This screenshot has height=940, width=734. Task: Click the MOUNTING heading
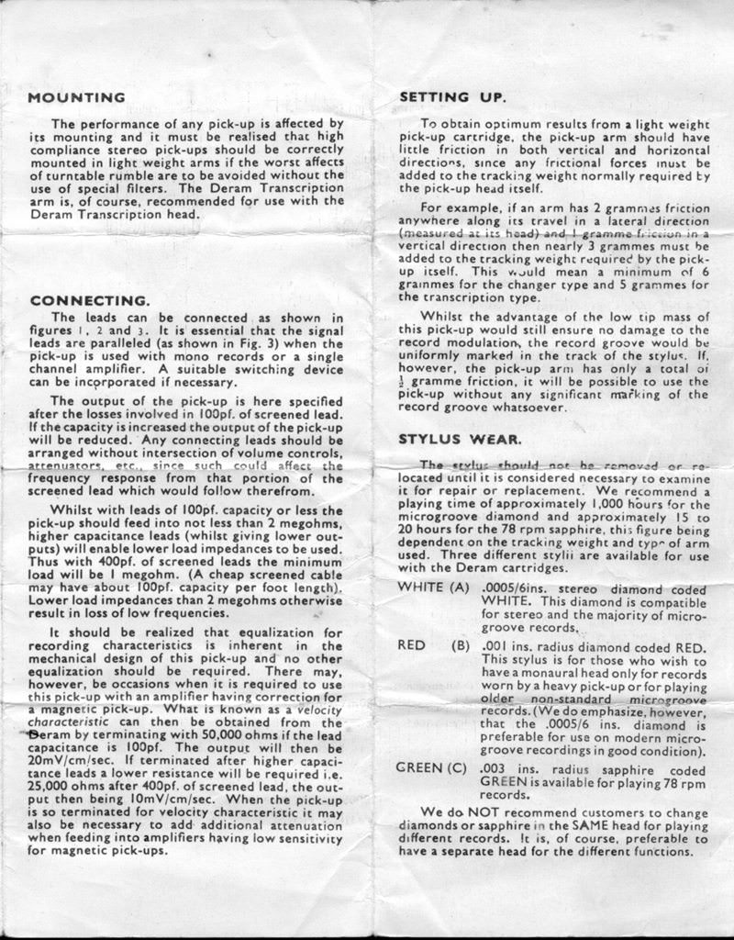[77, 97]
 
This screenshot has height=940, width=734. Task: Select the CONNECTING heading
[88, 300]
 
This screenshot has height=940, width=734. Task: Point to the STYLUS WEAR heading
[459, 439]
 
